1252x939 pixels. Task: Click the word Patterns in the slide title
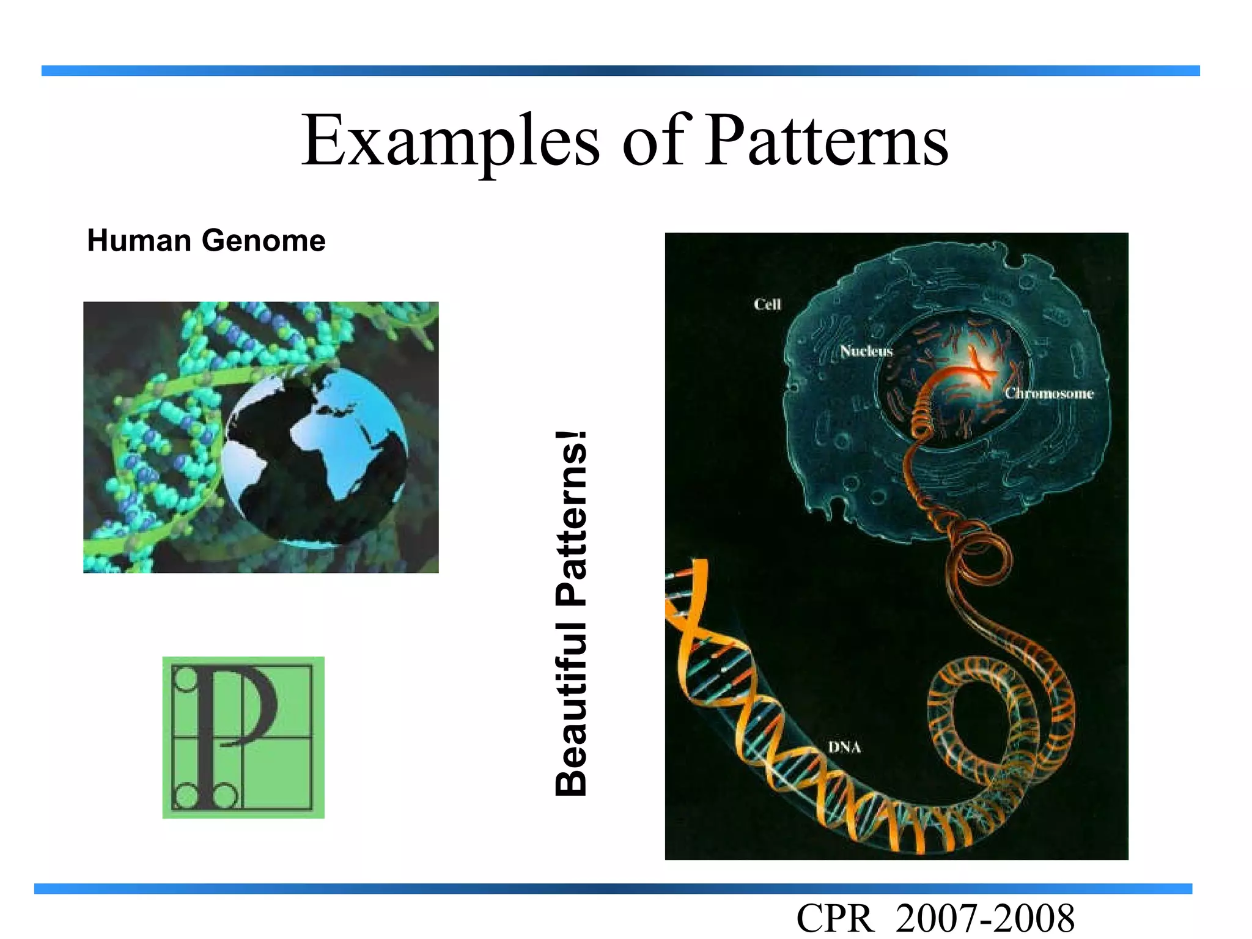coord(826,142)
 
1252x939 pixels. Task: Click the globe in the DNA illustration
coord(315,455)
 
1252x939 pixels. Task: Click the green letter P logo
coord(243,737)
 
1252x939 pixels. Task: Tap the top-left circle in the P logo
coord(185,680)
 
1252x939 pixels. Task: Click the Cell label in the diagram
coord(767,304)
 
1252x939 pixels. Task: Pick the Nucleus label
coord(866,352)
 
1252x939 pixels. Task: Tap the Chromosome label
coord(1049,394)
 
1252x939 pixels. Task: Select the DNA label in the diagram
coord(844,747)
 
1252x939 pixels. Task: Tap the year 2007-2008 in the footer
coord(985,919)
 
